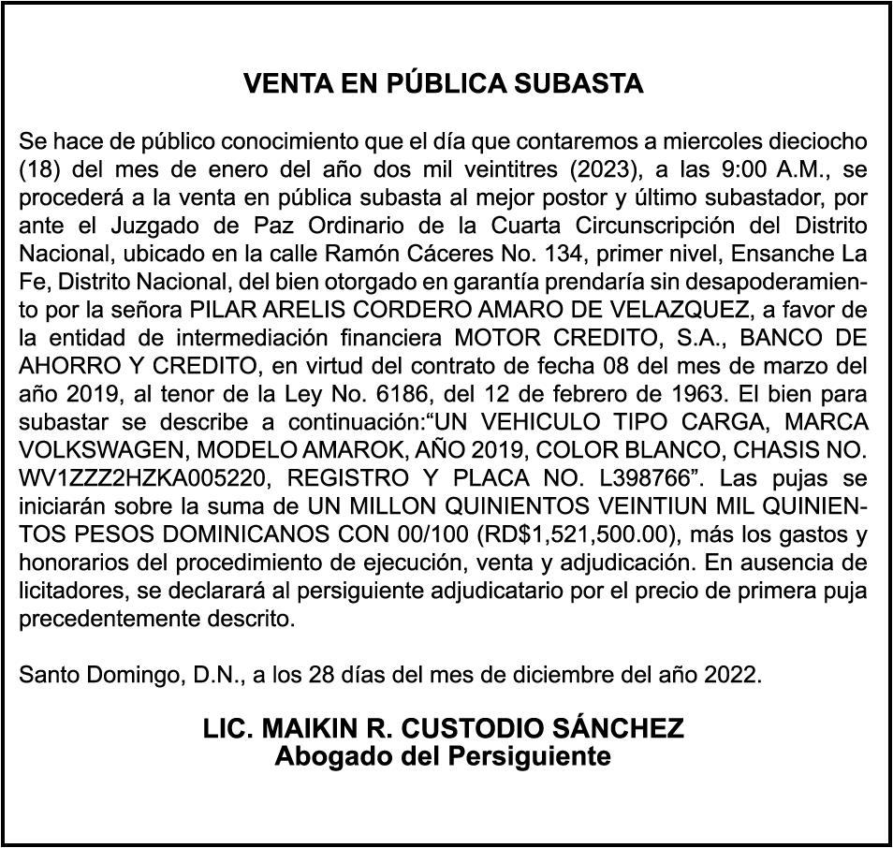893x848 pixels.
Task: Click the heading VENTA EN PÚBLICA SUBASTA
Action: (x=443, y=84)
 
